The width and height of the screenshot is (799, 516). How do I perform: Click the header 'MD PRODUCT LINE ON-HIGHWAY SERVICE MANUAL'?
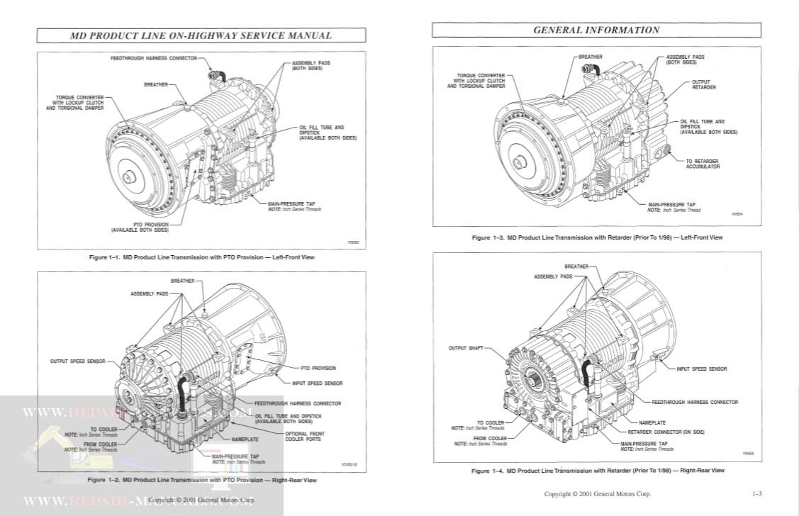click(x=201, y=35)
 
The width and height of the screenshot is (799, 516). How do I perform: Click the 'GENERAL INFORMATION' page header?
click(x=596, y=30)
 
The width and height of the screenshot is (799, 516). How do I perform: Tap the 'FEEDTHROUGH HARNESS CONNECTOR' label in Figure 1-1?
click(x=153, y=58)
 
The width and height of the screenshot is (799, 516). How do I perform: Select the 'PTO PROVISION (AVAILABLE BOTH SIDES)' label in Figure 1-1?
click(x=140, y=227)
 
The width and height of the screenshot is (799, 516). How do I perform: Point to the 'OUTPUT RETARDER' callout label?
click(x=703, y=84)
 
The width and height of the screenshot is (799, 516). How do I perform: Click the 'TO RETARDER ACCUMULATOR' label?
click(x=702, y=164)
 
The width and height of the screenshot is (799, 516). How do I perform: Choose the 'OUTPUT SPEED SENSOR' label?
click(x=77, y=361)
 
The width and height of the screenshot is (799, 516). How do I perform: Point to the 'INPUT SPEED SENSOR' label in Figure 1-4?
click(x=701, y=369)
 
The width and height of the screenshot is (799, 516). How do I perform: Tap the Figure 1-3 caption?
click(x=597, y=237)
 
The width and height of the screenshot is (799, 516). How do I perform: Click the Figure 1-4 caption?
click(x=598, y=471)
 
